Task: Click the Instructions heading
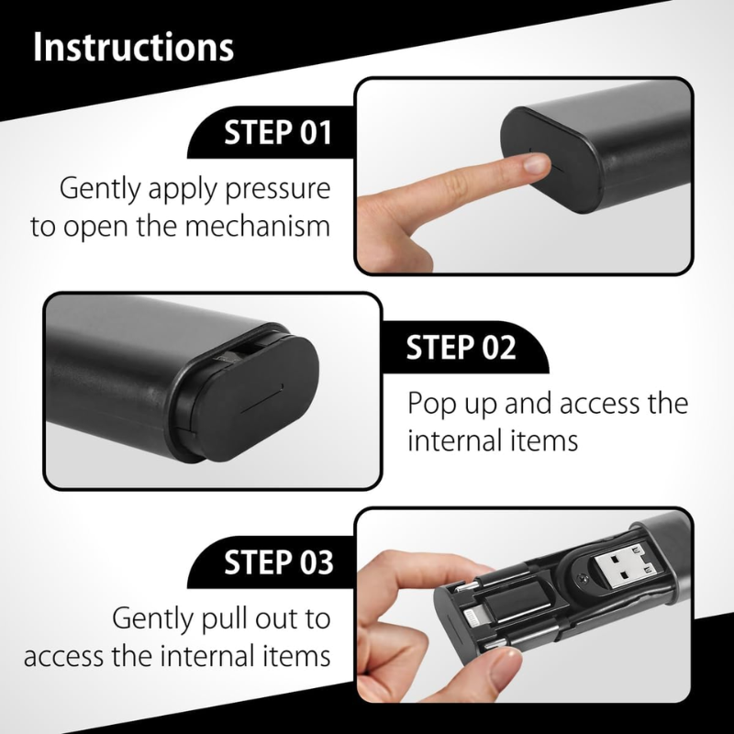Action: tap(133, 47)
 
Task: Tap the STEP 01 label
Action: tap(278, 132)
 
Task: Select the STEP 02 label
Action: tap(462, 348)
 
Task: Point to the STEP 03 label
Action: tap(279, 562)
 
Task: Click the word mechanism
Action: tap(258, 226)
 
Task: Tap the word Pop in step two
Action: tap(430, 405)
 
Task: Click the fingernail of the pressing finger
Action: tap(536, 164)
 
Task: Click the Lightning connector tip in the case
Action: tap(473, 618)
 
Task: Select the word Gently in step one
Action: tap(100, 189)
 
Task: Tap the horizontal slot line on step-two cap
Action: tap(259, 406)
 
